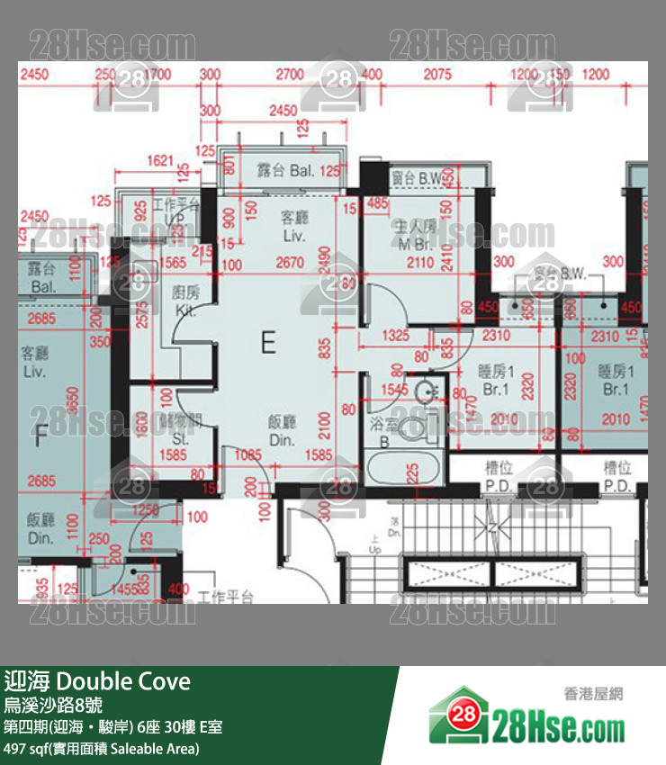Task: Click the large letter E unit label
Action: tap(267, 342)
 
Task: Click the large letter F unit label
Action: tap(40, 439)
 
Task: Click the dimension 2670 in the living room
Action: tap(290, 263)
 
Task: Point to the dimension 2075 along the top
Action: tap(437, 74)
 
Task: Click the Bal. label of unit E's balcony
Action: tap(303, 170)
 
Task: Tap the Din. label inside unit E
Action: tap(283, 440)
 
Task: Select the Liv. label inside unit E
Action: tap(294, 237)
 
